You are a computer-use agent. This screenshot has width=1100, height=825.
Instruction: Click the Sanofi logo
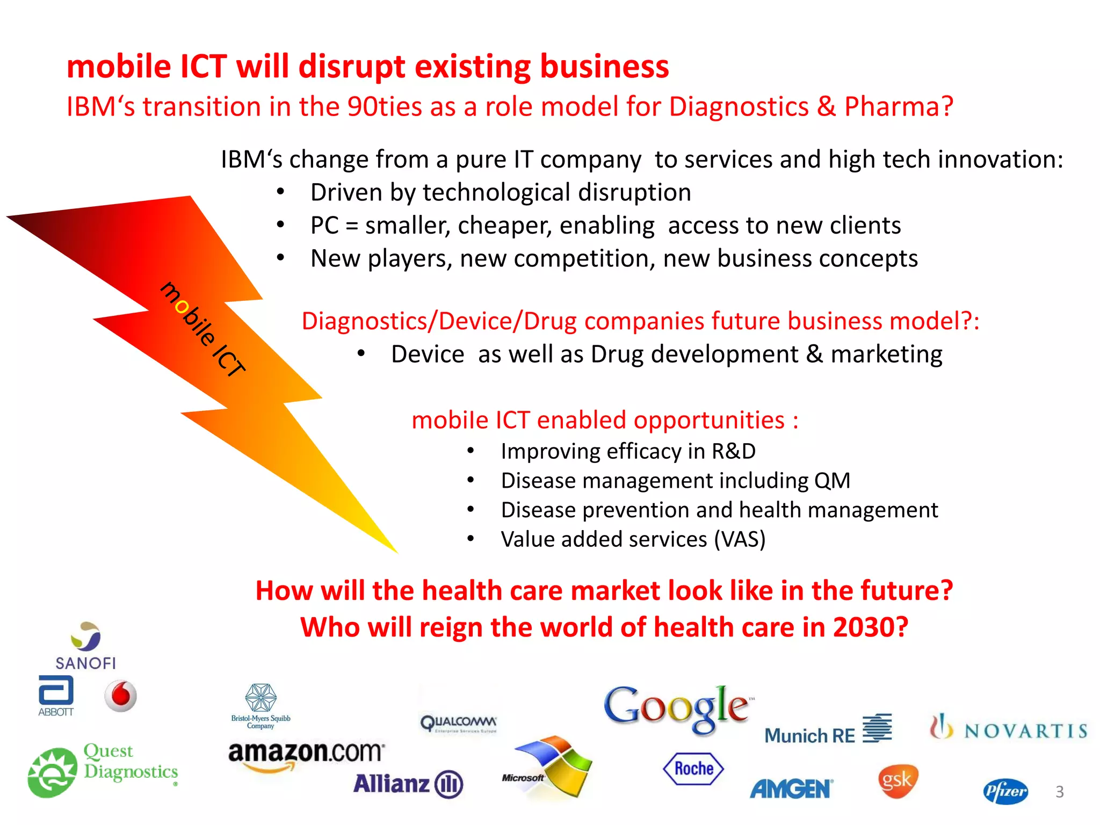tap(86, 646)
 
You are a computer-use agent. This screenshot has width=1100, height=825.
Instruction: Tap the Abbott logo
tap(56, 696)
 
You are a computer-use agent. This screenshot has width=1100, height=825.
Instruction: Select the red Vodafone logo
tap(121, 696)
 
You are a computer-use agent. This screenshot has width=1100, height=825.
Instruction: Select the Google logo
tap(678, 708)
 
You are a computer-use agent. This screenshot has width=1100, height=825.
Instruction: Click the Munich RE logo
tap(827, 730)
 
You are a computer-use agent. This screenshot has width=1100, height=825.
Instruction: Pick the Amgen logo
tap(791, 789)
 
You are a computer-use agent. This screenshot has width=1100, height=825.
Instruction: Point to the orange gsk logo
tap(898, 780)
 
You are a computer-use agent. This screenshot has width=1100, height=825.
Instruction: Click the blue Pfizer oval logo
tap(1005, 791)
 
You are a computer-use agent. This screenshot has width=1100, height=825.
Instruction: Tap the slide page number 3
tap(1059, 792)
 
